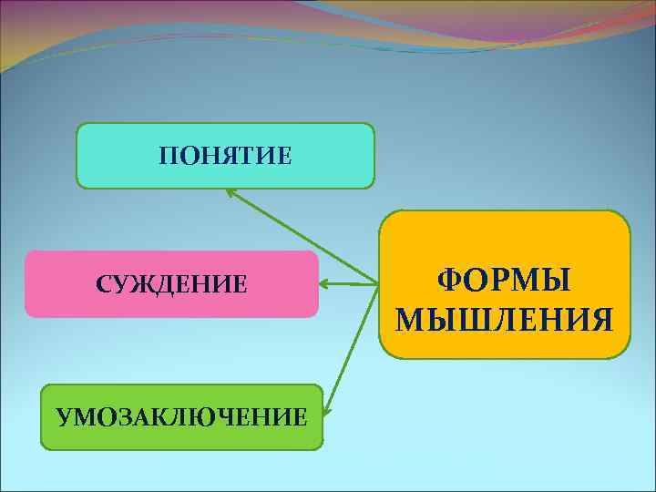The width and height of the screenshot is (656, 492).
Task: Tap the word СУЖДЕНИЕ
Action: click(171, 284)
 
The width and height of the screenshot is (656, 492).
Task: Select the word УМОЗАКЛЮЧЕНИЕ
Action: click(181, 418)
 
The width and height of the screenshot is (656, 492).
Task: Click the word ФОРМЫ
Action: click(505, 280)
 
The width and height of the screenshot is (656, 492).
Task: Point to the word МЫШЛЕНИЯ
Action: click(505, 320)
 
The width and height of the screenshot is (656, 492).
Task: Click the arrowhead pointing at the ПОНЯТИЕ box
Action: click(231, 190)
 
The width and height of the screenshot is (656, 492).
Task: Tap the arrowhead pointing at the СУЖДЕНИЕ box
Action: click(324, 284)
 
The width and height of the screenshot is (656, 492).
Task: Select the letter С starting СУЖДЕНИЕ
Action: click(103, 284)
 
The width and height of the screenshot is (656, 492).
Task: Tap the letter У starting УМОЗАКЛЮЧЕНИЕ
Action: click(63, 418)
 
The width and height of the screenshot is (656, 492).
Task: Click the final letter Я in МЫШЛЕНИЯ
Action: click(600, 320)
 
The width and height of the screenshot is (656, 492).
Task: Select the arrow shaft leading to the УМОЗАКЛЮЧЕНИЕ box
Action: click(351, 351)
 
